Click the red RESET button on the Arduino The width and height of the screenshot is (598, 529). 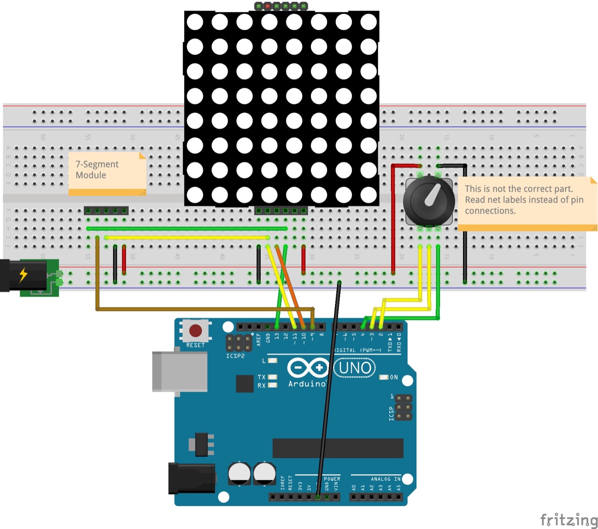(x=195, y=331)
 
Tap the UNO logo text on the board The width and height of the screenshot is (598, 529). (x=355, y=368)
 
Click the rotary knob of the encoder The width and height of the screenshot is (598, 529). (x=429, y=201)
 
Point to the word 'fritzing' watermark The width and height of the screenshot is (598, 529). (x=569, y=519)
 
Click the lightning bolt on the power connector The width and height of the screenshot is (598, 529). (x=23, y=275)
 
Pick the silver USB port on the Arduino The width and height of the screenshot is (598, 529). (x=180, y=371)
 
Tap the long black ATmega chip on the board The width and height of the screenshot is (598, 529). (x=337, y=448)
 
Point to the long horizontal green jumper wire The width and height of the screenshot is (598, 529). (x=187, y=229)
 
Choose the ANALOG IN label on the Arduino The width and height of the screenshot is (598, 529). (x=385, y=479)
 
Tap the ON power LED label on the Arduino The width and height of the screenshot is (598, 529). (x=394, y=377)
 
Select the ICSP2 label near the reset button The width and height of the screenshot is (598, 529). (x=235, y=356)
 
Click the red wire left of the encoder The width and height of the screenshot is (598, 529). (x=393, y=219)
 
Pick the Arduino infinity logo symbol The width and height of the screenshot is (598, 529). (x=308, y=368)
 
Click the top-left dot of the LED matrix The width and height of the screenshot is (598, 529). (x=195, y=22)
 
